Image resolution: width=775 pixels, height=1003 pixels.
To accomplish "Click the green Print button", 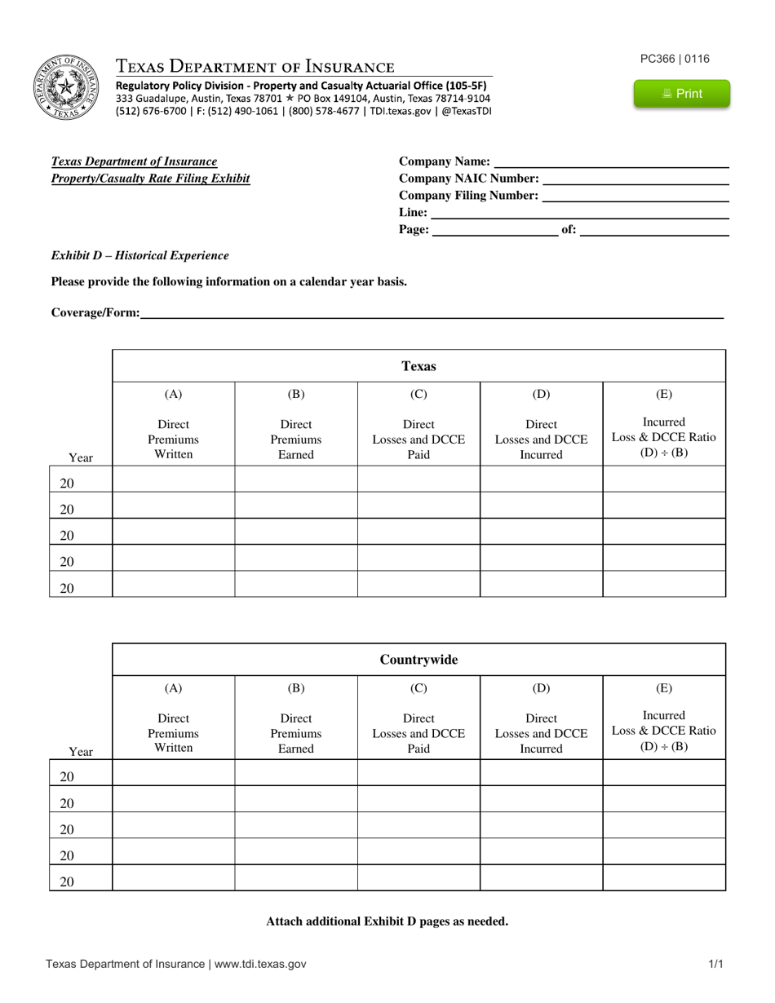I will (x=682, y=94).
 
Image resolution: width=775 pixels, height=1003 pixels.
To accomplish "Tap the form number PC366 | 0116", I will (x=675, y=59).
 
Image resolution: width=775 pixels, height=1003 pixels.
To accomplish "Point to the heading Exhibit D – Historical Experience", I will (x=139, y=255).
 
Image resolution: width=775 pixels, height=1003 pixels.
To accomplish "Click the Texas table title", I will (x=418, y=366).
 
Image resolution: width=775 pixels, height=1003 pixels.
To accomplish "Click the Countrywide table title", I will (x=418, y=660).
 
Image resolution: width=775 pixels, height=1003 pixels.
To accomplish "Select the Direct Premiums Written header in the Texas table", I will (x=173, y=439).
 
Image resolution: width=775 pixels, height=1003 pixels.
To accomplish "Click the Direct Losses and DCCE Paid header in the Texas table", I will (x=418, y=439).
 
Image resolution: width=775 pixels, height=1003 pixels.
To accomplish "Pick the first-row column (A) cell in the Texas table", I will (x=173, y=479).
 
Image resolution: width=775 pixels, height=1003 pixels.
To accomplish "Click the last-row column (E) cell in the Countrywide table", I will (x=664, y=877).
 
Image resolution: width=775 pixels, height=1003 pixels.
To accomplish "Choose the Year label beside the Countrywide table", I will (x=81, y=751).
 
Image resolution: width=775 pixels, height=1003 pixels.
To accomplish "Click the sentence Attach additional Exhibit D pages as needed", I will (x=387, y=921).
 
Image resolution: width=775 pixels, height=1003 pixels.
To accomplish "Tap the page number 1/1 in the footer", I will (x=715, y=964).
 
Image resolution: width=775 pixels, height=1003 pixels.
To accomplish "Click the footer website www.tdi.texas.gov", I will (x=259, y=964).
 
